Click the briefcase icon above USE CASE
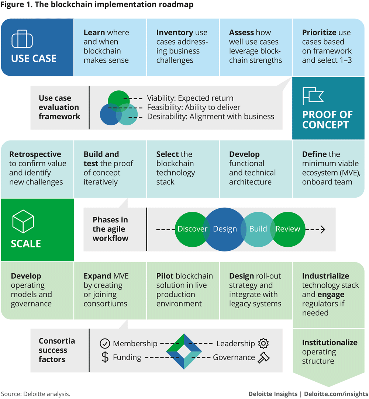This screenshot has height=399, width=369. pyautogui.click(x=22, y=39)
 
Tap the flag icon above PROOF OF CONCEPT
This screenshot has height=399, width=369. pyautogui.click(x=313, y=96)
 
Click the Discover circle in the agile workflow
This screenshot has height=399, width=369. pyautogui.click(x=190, y=229)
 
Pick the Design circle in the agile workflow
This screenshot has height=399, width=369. pyautogui.click(x=225, y=229)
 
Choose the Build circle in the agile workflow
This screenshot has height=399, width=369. pyautogui.click(x=258, y=229)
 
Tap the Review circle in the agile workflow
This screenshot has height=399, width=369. pyautogui.click(x=288, y=229)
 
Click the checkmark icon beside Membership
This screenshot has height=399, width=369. pyautogui.click(x=105, y=344)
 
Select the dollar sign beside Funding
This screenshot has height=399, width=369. pyautogui.click(x=105, y=357)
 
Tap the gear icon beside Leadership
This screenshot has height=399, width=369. pyautogui.click(x=263, y=343)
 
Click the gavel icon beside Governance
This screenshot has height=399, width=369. pyautogui.click(x=263, y=357)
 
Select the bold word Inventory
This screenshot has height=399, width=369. pyautogui.click(x=175, y=32)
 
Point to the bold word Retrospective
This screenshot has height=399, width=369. pyautogui.click(x=35, y=154)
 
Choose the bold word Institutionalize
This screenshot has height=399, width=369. pyautogui.click(x=330, y=343)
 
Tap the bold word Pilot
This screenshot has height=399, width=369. pyautogui.click(x=165, y=276)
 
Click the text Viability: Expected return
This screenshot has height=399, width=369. pyautogui.click(x=190, y=98)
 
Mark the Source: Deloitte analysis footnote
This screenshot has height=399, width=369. pyautogui.click(x=35, y=393)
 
